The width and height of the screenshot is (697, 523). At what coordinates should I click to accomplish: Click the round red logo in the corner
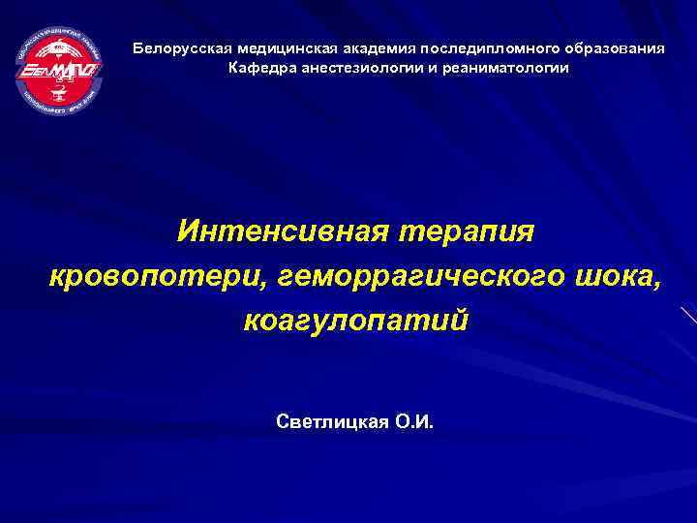click(x=59, y=72)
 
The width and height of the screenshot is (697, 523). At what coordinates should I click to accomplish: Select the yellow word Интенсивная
click(x=279, y=231)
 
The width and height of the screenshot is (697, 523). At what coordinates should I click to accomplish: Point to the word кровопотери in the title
click(x=156, y=277)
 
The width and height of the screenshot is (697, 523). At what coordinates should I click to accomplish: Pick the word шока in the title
click(x=615, y=277)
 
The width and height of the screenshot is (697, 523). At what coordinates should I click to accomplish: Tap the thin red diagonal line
click(x=688, y=317)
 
